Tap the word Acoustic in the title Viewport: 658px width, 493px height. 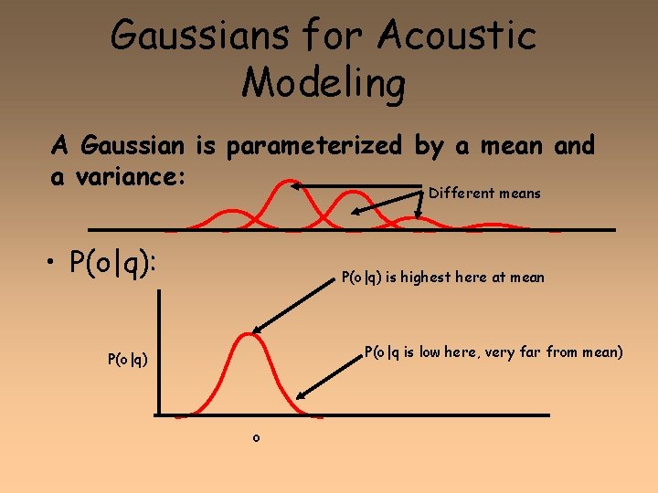[456, 37]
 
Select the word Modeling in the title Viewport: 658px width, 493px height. [324, 83]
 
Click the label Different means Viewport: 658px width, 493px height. [484, 194]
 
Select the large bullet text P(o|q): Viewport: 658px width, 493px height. [113, 263]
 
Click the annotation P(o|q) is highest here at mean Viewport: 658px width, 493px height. [442, 278]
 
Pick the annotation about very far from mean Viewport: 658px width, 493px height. [493, 351]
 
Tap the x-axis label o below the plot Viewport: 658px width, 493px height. [256, 438]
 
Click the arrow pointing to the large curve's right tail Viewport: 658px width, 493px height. [329, 373]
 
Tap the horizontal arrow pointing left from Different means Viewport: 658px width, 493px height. [356, 186]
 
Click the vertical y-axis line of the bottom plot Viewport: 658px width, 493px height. [159, 351]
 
